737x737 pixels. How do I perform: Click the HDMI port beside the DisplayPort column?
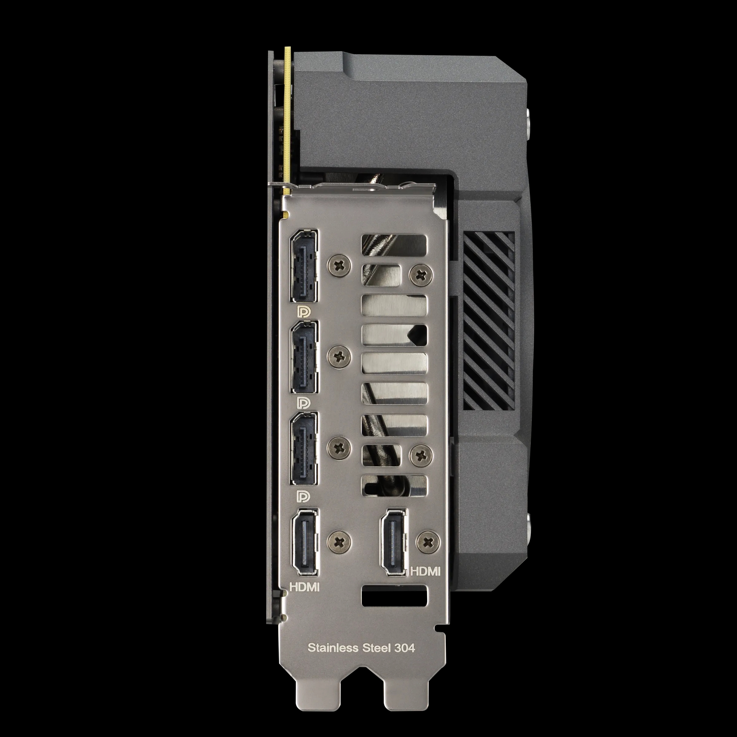pyautogui.click(x=304, y=542)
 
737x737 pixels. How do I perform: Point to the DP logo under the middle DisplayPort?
pyautogui.click(x=304, y=403)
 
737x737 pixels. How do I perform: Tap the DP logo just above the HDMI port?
pyautogui.click(x=304, y=496)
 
